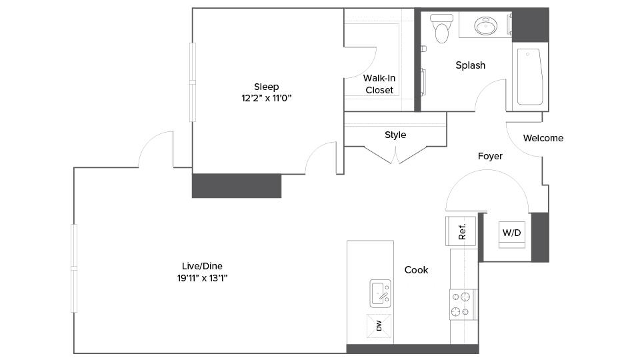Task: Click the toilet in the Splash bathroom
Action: [x=440, y=28]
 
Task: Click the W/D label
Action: [x=511, y=233]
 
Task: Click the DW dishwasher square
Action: [x=379, y=326]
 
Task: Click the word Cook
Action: [x=417, y=270]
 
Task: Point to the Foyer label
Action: [x=490, y=156]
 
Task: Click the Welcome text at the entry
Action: [x=543, y=138]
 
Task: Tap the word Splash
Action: [x=470, y=65]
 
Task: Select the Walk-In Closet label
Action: [x=379, y=84]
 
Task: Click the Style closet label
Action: [x=395, y=135]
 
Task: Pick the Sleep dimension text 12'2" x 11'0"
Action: [x=267, y=98]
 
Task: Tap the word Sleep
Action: [x=267, y=87]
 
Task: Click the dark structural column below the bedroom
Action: [x=237, y=186]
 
